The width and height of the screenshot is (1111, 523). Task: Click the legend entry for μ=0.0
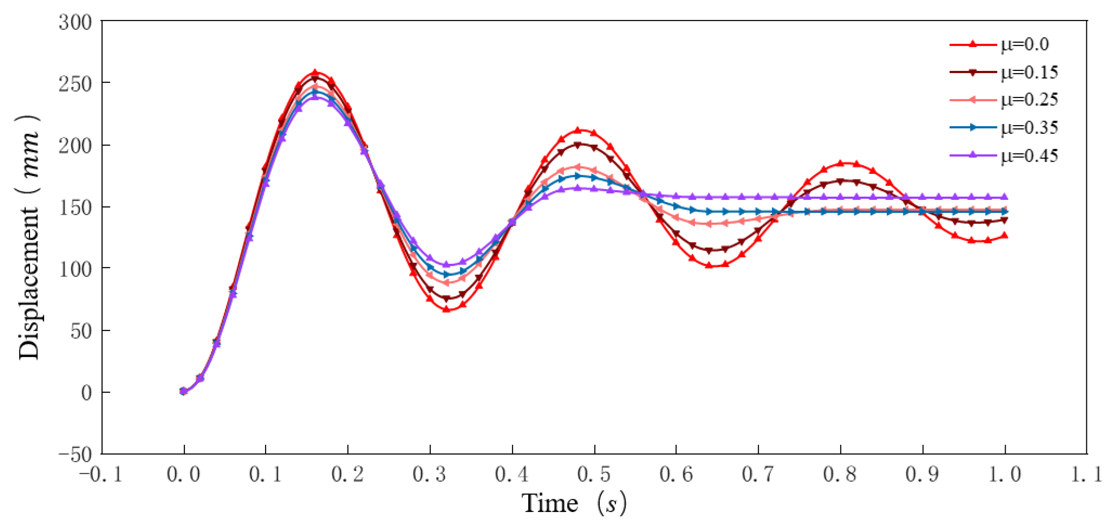[1005, 44]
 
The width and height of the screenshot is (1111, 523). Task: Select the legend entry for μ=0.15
[1005, 72]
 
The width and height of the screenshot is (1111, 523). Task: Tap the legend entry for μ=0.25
[1005, 100]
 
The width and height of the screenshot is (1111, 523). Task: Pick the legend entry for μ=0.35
[1005, 127]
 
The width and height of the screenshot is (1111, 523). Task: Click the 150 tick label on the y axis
[76, 208]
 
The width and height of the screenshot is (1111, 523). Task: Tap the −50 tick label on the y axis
[76, 454]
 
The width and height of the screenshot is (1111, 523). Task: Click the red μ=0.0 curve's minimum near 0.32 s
[447, 309]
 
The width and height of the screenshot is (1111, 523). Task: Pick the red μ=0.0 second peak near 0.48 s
[578, 130]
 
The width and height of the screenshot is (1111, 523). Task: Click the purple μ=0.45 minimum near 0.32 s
[447, 265]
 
